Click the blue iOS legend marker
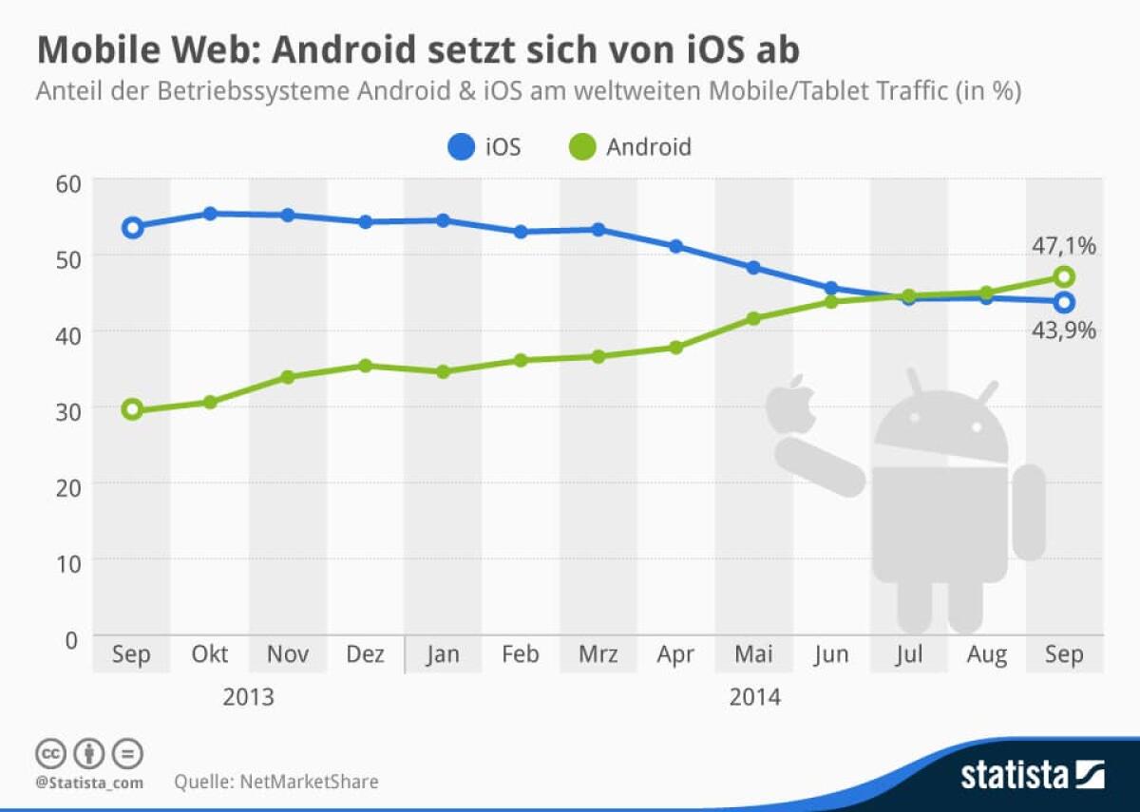click(x=461, y=147)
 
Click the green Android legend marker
click(x=582, y=147)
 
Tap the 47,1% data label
click(x=1063, y=246)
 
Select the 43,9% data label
click(x=1063, y=330)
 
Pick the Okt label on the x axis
click(x=210, y=654)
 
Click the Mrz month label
click(x=598, y=654)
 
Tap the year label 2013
click(x=248, y=698)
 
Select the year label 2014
click(x=754, y=698)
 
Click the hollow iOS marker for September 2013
click(x=132, y=227)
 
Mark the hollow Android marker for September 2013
click(x=132, y=409)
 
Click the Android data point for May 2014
click(x=753, y=318)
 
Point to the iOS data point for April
click(x=675, y=246)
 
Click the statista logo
click(x=1032, y=774)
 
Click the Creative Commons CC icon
click(x=50, y=753)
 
